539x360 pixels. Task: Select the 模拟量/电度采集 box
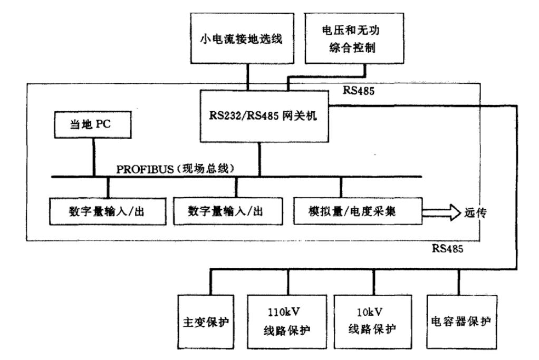click(x=358, y=211)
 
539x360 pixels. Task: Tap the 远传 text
click(x=475, y=213)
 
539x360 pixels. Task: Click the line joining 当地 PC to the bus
click(x=94, y=157)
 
